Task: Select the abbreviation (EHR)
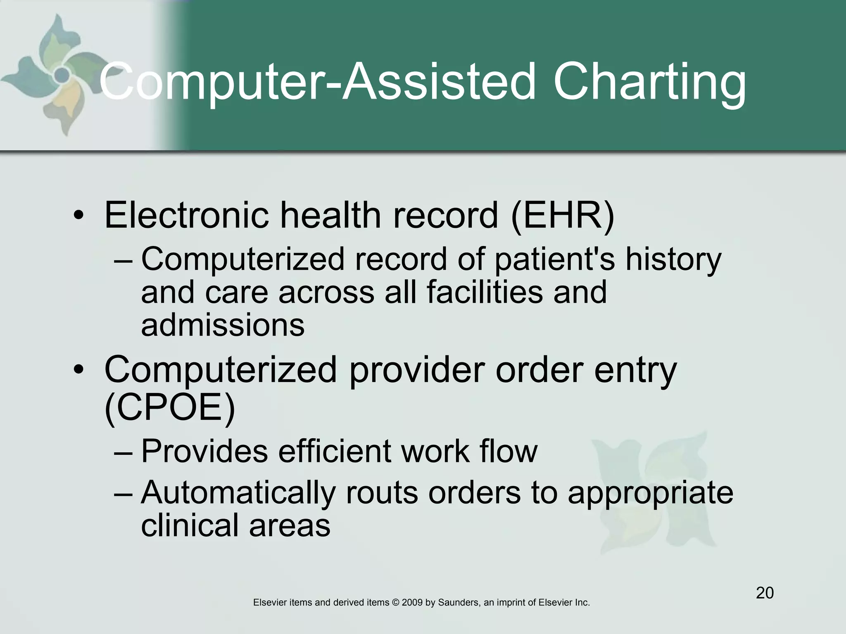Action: coord(563,215)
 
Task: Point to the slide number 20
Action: coord(765,593)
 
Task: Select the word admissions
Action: coord(223,325)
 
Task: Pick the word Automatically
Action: coord(238,493)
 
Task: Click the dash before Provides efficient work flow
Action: coord(123,452)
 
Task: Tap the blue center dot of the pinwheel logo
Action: coord(62,75)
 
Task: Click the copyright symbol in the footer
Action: coord(395,603)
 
